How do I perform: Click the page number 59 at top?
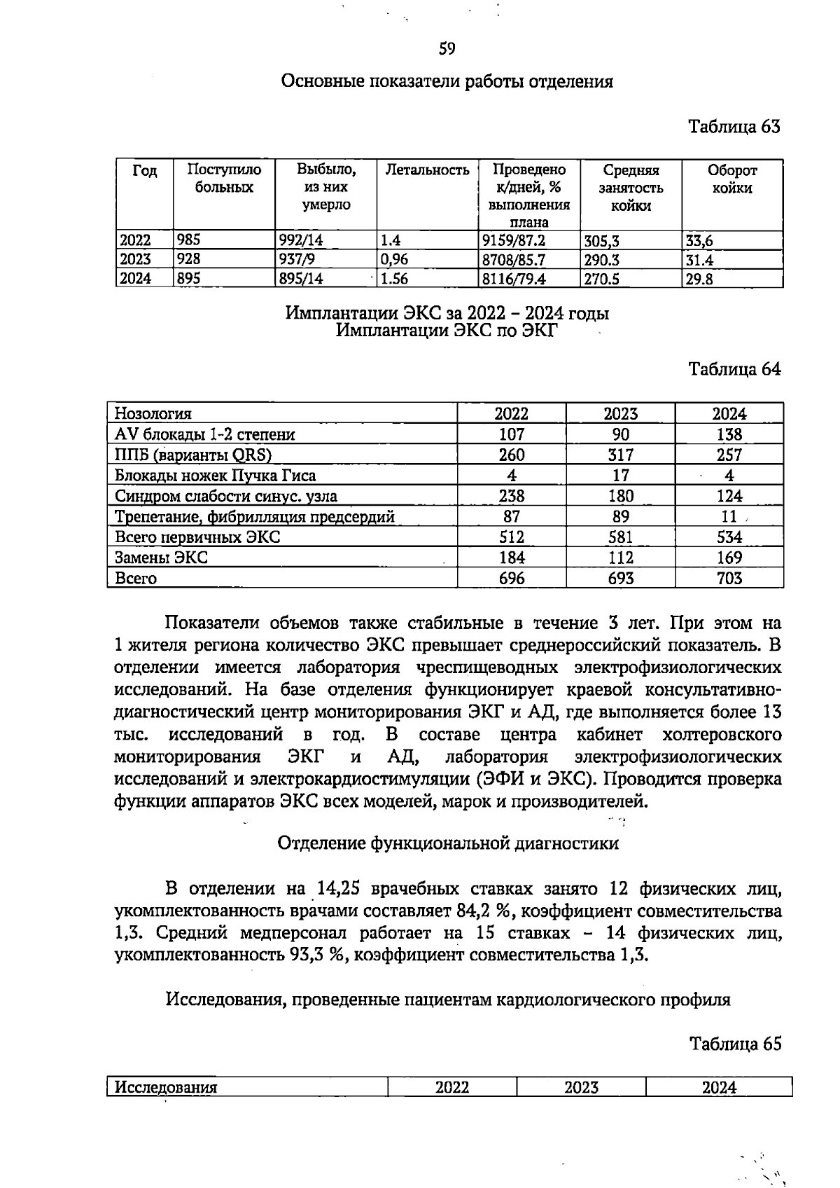point(447,49)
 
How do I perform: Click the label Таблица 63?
point(734,127)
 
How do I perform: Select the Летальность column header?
point(427,170)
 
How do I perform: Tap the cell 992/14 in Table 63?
point(301,241)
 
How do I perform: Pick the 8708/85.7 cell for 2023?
point(514,260)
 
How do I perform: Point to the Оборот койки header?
point(732,179)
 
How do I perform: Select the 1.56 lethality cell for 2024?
point(394,279)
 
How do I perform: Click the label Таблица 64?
point(734,369)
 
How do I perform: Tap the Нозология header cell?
point(153,413)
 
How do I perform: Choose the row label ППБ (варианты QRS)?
point(192,455)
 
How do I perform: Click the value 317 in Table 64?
point(620,455)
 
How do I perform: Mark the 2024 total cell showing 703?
point(729,578)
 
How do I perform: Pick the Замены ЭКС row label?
point(161,558)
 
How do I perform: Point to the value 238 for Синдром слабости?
point(511,496)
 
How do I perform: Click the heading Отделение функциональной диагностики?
point(448,843)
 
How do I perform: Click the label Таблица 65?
point(734,1044)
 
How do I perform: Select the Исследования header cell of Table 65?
point(166,1088)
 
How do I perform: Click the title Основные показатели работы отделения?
point(447,81)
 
